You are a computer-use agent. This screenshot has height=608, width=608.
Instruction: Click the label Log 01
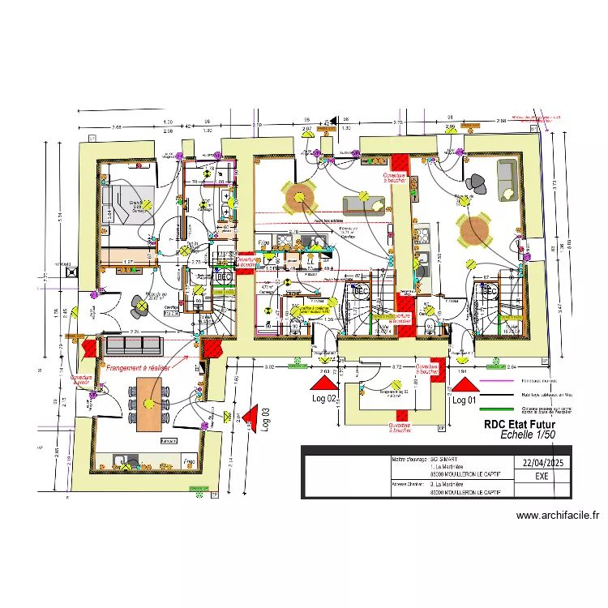pyautogui.click(x=463, y=400)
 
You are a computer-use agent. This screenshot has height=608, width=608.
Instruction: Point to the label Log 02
pyautogui.click(x=323, y=399)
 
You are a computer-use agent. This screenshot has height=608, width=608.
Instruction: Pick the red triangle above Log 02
pyautogui.click(x=325, y=381)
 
